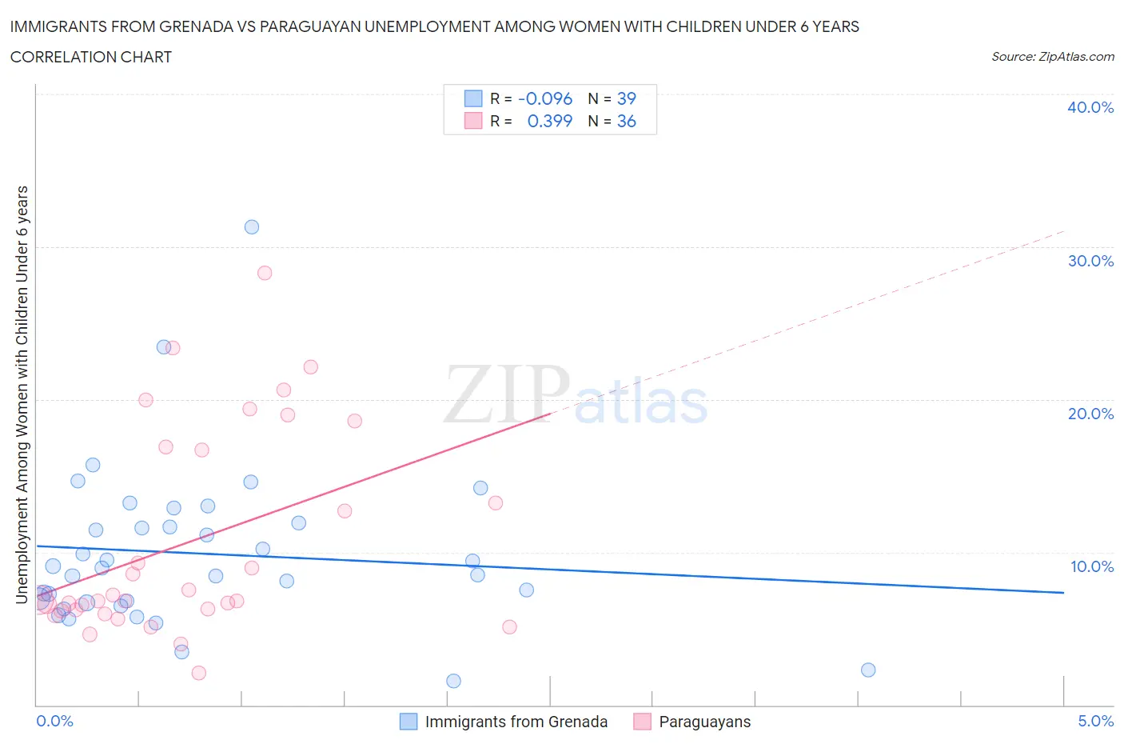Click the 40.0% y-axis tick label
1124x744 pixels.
(x=1090, y=107)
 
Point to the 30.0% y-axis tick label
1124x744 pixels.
(x=1090, y=261)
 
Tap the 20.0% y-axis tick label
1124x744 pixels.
(x=1090, y=414)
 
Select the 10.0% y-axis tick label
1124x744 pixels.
(x=1091, y=566)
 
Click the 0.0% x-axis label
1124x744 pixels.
(x=54, y=721)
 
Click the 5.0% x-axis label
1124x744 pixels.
(x=1095, y=721)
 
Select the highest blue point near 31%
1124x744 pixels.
(x=252, y=226)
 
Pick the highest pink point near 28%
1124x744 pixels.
(x=265, y=273)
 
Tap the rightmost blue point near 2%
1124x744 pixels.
(x=868, y=670)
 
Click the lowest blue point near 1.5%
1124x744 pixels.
(x=453, y=681)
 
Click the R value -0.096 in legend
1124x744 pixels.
(x=545, y=98)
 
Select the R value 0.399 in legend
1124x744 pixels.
(x=550, y=121)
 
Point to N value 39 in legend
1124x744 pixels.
(x=626, y=98)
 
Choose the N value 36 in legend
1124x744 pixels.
(x=626, y=121)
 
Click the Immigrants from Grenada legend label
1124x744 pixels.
(x=516, y=722)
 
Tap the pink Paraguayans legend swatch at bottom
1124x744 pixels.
(x=642, y=722)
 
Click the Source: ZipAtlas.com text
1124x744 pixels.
(x=1052, y=57)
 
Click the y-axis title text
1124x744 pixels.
(x=22, y=394)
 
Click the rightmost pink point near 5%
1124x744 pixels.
(x=509, y=626)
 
